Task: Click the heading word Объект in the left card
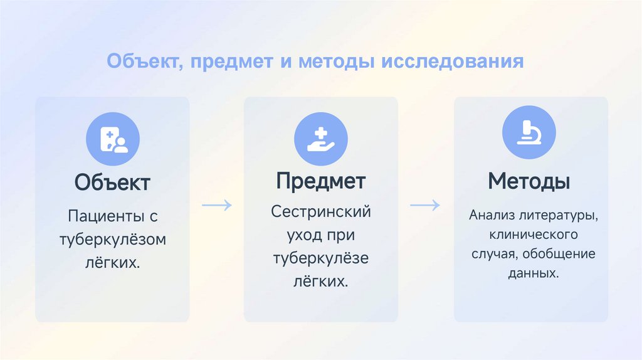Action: coord(112,183)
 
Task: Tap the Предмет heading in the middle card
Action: coord(320,181)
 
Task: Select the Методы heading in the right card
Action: coord(529,182)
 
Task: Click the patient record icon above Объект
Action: coord(113,139)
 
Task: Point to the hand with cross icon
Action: coord(320,139)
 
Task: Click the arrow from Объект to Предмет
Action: coord(217,205)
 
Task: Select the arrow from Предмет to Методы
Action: coord(424,205)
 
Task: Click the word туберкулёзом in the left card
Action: coord(113,239)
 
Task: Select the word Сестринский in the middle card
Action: coord(321,211)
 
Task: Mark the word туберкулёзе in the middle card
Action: coord(321,258)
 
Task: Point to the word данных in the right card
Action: coord(530,274)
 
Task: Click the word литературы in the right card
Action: coord(557,216)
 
